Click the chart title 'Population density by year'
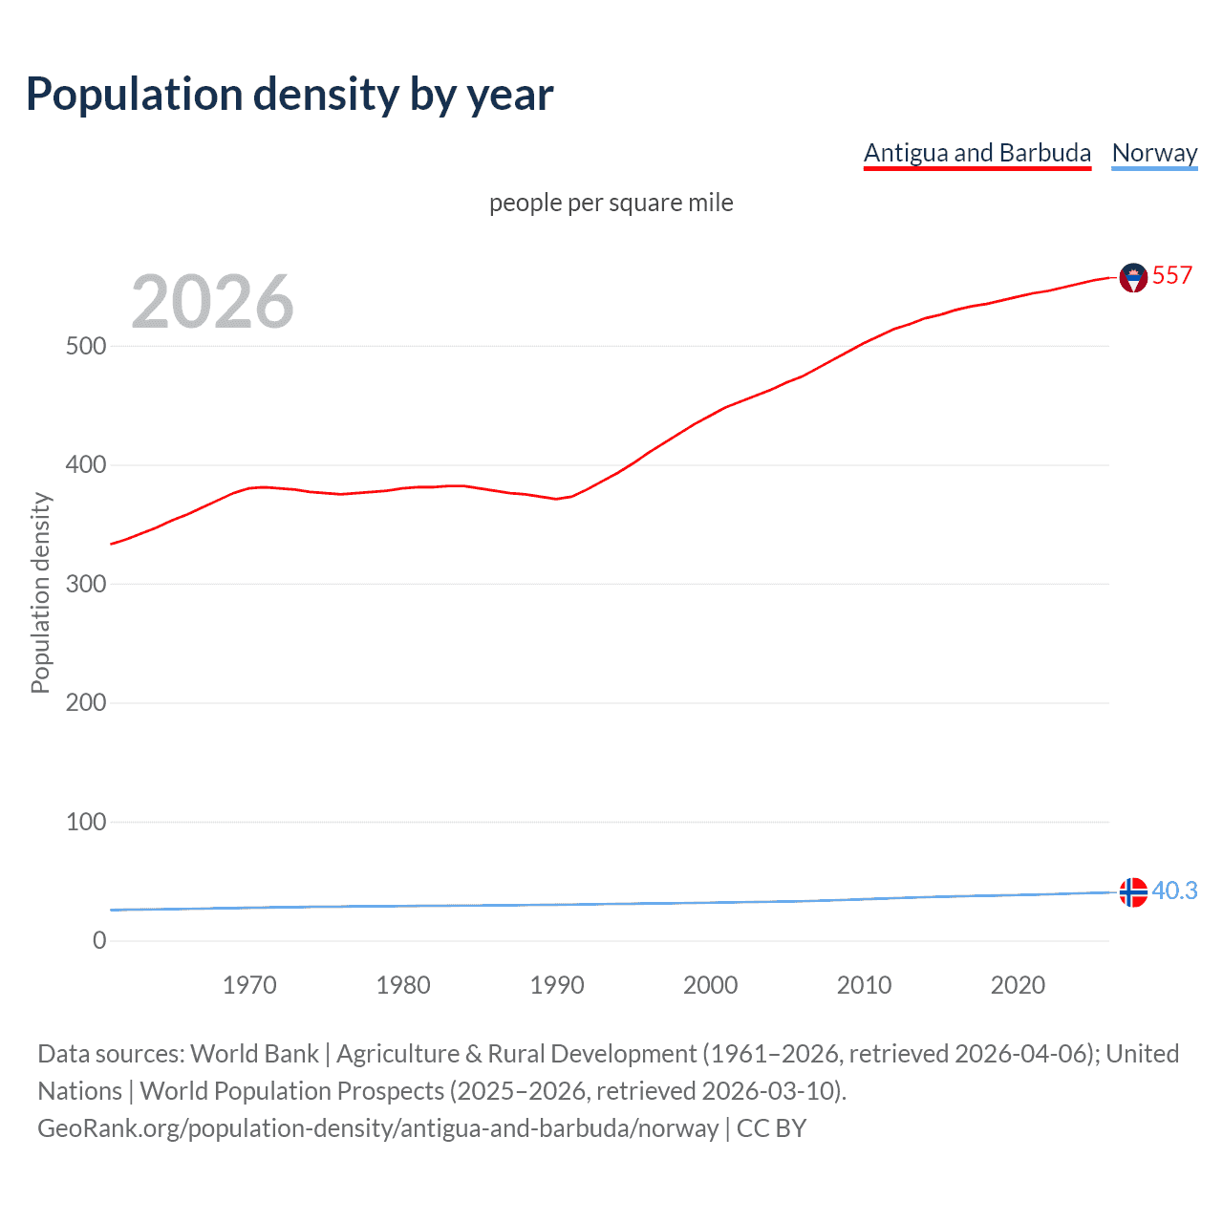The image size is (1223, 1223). pyautogui.click(x=290, y=95)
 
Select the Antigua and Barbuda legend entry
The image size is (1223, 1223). pyautogui.click(x=976, y=153)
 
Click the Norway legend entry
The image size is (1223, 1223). pyautogui.click(x=1154, y=153)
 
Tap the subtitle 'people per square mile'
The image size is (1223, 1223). pyautogui.click(x=611, y=203)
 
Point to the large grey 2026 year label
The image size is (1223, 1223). pyautogui.click(x=212, y=302)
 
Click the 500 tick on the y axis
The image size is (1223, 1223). pyautogui.click(x=86, y=346)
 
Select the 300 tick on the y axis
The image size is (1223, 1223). pyautogui.click(x=86, y=584)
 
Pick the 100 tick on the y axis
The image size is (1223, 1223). pyautogui.click(x=86, y=822)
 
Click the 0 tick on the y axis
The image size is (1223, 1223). pyautogui.click(x=99, y=940)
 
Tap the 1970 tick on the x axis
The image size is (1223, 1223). pyautogui.click(x=249, y=985)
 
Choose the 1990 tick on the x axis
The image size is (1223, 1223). pyautogui.click(x=557, y=985)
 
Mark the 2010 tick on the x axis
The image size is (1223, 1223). pyautogui.click(x=864, y=985)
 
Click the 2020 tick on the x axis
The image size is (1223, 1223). pyautogui.click(x=1018, y=985)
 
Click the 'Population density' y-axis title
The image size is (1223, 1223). pyautogui.click(x=40, y=592)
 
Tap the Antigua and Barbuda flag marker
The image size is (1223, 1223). pyautogui.click(x=1133, y=277)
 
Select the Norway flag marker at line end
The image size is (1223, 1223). pyautogui.click(x=1133, y=891)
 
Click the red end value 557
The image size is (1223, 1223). pyautogui.click(x=1172, y=276)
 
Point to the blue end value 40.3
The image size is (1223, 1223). pyautogui.click(x=1174, y=890)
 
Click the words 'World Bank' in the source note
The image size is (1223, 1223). pyautogui.click(x=254, y=1054)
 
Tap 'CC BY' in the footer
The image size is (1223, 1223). pyautogui.click(x=771, y=1128)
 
